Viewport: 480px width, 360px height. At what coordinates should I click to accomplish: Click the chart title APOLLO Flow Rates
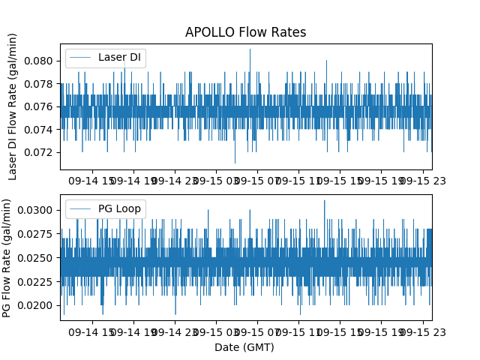[x=245, y=32]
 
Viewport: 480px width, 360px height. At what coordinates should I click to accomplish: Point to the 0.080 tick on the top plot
[x=41, y=61]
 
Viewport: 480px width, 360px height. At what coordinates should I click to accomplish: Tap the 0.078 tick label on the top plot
[x=41, y=83]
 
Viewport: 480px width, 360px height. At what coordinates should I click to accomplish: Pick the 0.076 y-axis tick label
[x=41, y=106]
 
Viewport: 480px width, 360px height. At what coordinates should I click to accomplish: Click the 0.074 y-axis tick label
[x=41, y=129]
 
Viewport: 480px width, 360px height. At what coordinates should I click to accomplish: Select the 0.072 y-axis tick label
[x=41, y=152]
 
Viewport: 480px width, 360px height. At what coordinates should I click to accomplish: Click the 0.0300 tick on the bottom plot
[x=39, y=209]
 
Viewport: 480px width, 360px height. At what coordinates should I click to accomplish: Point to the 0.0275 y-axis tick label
[x=39, y=233]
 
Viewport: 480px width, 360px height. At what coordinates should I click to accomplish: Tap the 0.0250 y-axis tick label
[x=39, y=257]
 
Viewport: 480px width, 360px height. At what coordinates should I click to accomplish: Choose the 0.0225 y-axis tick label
[x=39, y=281]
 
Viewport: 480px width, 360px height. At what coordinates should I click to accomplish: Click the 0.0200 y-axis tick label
[x=39, y=305]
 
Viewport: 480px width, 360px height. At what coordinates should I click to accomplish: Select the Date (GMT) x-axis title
[x=244, y=347]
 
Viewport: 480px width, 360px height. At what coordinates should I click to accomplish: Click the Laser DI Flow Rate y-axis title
[x=13, y=106]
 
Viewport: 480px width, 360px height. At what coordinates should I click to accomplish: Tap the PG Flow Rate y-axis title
[x=7, y=257]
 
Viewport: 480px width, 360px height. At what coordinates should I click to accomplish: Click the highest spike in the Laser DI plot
[x=250, y=50]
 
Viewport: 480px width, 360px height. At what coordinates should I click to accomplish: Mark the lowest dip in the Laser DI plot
[x=235, y=162]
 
